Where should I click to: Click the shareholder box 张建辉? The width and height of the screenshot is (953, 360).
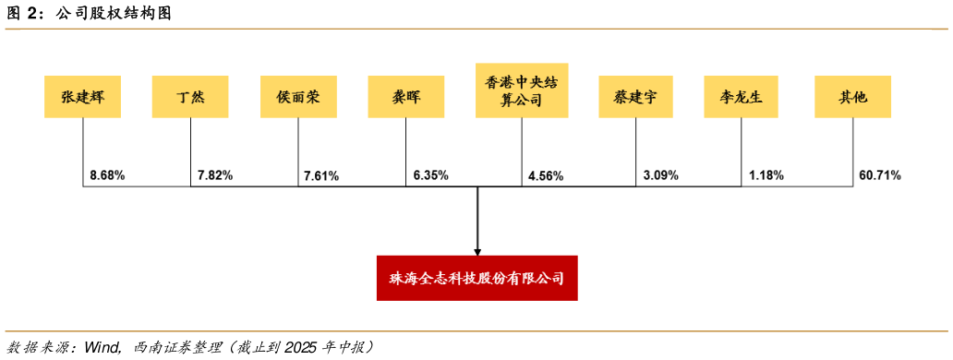coord(83,96)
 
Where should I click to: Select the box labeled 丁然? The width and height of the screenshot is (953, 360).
coord(190,96)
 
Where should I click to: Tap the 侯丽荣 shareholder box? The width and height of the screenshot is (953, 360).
coord(297,96)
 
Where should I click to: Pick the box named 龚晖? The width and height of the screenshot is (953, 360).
coord(405,96)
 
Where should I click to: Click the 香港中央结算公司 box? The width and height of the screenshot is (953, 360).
coord(522,90)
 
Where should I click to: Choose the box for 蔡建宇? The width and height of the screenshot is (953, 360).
coord(635,96)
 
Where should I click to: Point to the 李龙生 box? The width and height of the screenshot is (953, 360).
coord(742,96)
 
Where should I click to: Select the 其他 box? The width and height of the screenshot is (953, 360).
coord(852,96)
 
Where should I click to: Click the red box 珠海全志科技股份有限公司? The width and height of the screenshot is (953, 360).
coord(476,278)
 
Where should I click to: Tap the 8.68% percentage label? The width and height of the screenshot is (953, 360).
coord(107,174)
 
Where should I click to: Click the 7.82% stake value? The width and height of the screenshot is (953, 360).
coord(215,174)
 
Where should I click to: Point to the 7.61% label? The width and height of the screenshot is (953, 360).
coord(321,175)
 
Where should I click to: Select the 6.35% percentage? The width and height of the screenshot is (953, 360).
coord(429,174)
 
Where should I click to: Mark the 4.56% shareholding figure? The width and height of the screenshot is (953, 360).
coord(546,175)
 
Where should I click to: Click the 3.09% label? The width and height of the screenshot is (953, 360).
coord(660,174)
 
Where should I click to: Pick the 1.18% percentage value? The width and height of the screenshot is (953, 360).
coord(766,174)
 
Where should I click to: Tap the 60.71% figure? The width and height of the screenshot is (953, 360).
coord(879,174)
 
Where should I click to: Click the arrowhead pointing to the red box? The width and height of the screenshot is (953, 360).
coord(477,250)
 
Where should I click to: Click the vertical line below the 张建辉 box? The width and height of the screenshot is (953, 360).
coord(83,148)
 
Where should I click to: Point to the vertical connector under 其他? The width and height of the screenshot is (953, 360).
coord(852,148)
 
